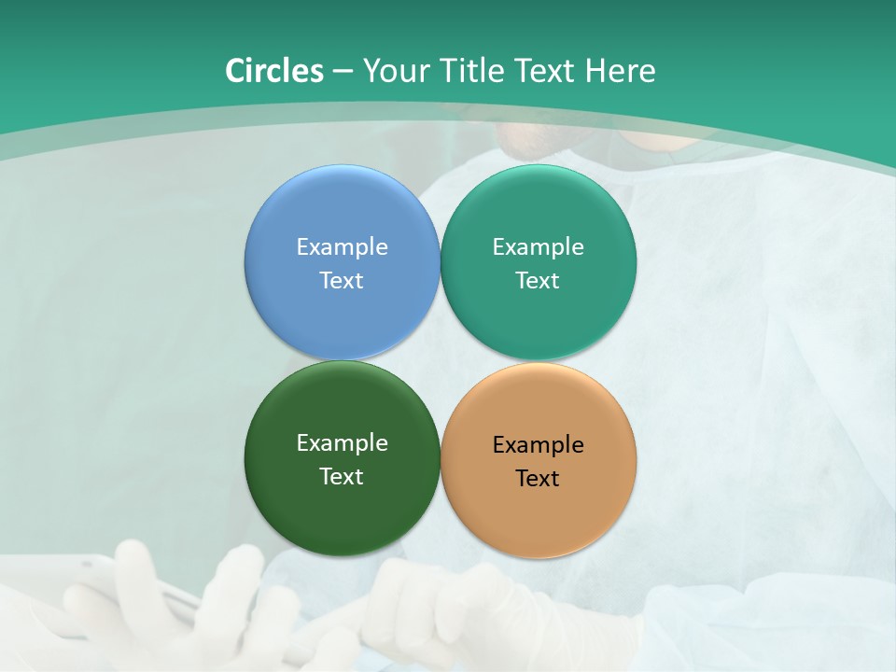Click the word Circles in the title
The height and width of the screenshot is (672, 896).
pos(274,71)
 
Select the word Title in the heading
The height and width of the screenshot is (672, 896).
pos(471,71)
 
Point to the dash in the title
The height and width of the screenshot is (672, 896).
pos(343,72)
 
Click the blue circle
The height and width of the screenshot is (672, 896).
pos(342,205)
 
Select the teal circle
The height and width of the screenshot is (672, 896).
pos(539,205)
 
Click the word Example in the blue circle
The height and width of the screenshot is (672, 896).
pos(342,247)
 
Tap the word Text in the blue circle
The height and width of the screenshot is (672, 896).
pos(342,281)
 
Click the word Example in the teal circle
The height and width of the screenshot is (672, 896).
pos(539,247)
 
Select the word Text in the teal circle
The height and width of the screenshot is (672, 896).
pos(539,281)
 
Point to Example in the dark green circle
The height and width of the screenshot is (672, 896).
pos(342,443)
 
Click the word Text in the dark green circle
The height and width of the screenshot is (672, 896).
pos(342,477)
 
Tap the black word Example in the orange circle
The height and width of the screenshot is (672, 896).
pos(539,445)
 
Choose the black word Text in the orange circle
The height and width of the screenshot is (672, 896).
pos(539,479)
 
